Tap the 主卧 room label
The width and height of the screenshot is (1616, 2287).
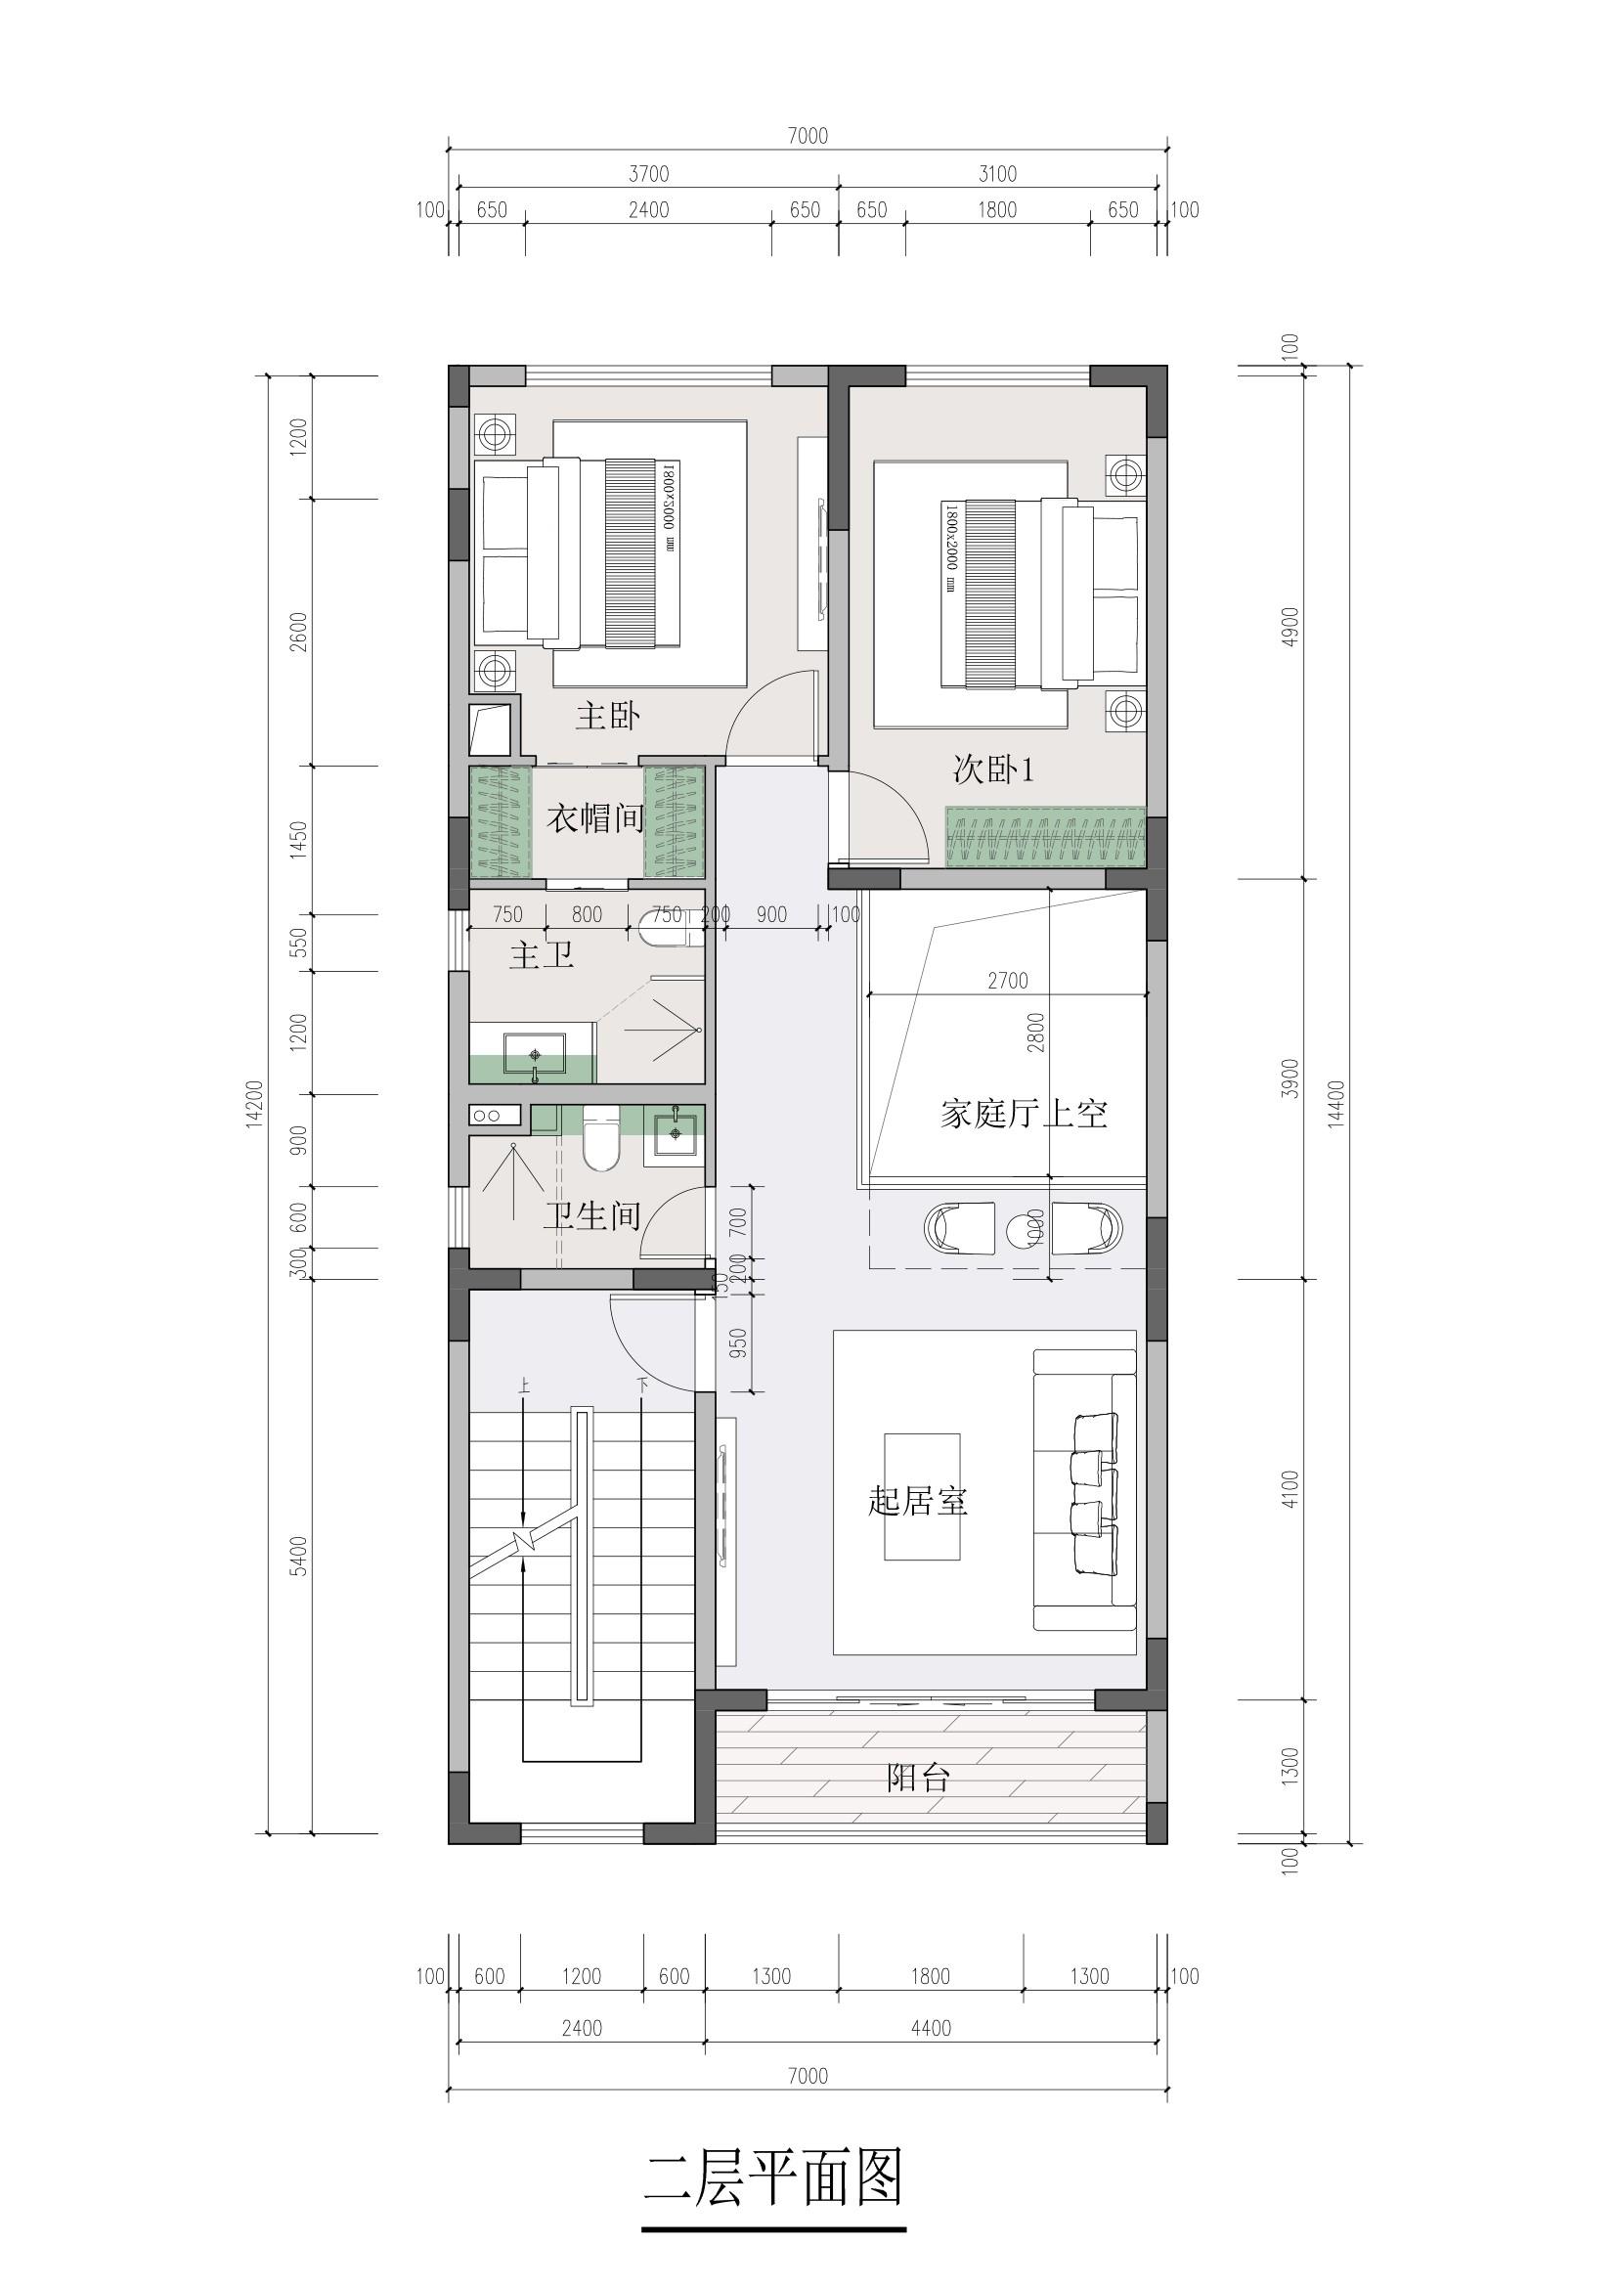607,715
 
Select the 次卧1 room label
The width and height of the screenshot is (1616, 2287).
993,769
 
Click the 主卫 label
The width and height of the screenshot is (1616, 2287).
542,956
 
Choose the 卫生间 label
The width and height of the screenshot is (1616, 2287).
591,1215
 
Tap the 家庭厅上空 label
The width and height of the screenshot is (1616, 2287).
1024,1113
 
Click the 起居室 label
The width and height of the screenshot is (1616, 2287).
918,1500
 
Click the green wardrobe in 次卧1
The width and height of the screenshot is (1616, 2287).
1045,837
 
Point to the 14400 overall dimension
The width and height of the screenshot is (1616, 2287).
1336,1104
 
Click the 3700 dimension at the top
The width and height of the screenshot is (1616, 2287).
648,174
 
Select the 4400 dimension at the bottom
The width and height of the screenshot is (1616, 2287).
931,2028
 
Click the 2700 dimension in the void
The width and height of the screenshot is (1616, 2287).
1008,981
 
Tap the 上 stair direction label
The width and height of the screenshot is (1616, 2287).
523,1385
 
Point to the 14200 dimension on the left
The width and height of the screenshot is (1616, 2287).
254,1104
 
